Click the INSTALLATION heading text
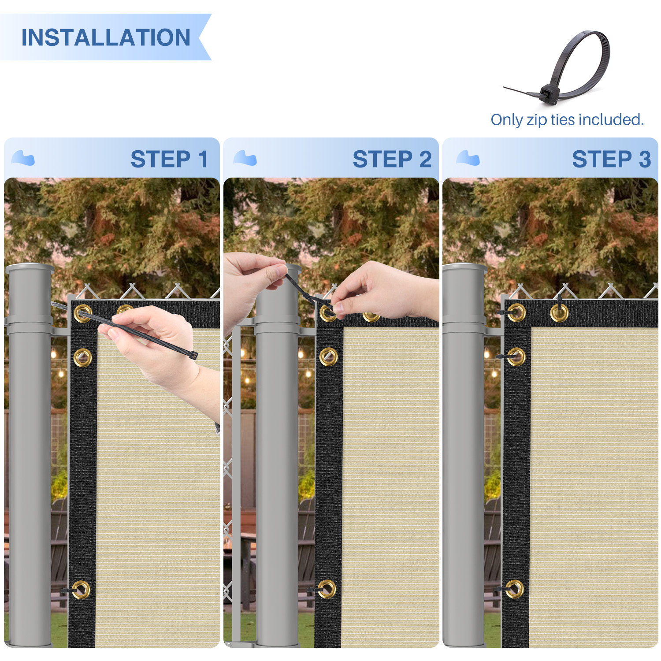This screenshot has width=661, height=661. pyautogui.click(x=106, y=37)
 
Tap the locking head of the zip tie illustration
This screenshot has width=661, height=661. pyautogui.click(x=549, y=94)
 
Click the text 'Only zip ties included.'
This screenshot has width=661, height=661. pyautogui.click(x=567, y=119)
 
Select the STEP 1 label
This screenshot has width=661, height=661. pyautogui.click(x=169, y=159)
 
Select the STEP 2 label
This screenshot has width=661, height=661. pyautogui.click(x=392, y=159)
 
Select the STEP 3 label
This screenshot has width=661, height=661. pyautogui.click(x=612, y=159)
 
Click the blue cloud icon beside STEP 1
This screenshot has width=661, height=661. pyautogui.click(x=23, y=158)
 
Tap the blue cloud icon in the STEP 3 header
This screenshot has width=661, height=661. pyautogui.click(x=468, y=158)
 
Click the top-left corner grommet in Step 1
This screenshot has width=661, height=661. pyautogui.click(x=83, y=313)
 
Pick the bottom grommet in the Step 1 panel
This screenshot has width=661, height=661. pyautogui.click(x=81, y=590)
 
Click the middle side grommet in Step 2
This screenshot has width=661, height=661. pyautogui.click(x=329, y=356)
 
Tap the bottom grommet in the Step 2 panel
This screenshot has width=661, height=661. pyautogui.click(x=327, y=589)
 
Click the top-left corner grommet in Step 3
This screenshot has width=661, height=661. pyautogui.click(x=516, y=312)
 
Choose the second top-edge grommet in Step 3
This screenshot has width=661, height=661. pyautogui.click(x=559, y=313)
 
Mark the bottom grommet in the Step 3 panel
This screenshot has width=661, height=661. pyautogui.click(x=515, y=589)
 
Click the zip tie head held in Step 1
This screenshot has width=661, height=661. pyautogui.click(x=193, y=355)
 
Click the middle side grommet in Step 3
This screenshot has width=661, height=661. pyautogui.click(x=516, y=356)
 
